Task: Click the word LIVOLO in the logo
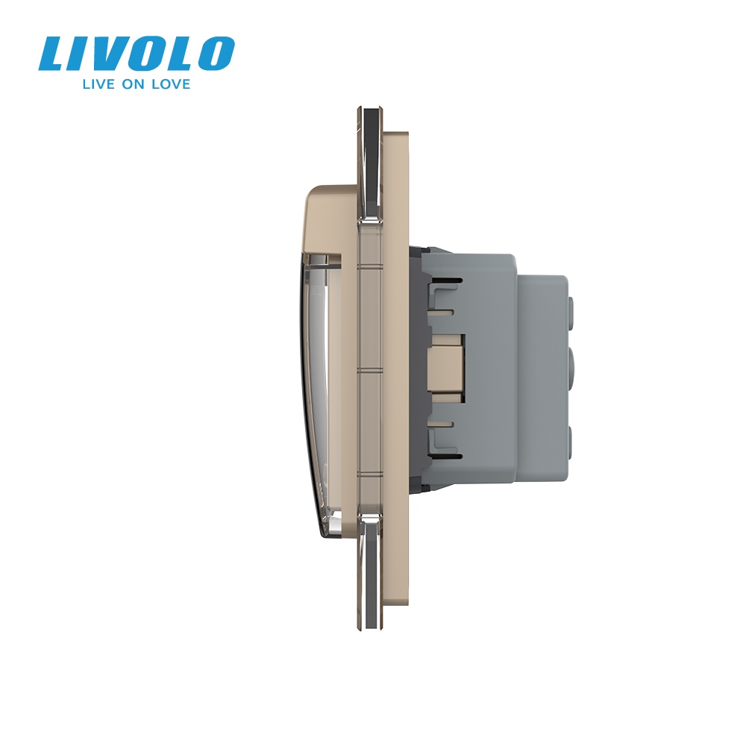click(x=137, y=54)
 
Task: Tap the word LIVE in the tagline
click(x=98, y=84)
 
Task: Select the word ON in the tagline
click(x=134, y=84)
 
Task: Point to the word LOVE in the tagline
click(x=171, y=84)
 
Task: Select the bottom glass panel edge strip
click(x=370, y=572)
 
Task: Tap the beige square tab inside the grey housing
click(x=446, y=364)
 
